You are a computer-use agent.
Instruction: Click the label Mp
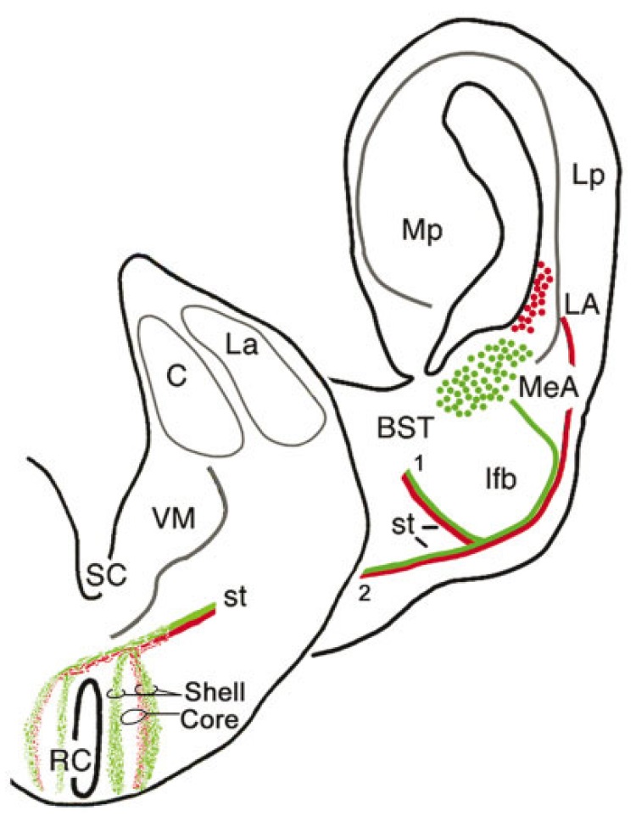423,229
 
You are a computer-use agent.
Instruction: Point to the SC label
107,575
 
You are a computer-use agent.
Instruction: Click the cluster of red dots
536,296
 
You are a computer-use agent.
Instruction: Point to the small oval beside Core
135,718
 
